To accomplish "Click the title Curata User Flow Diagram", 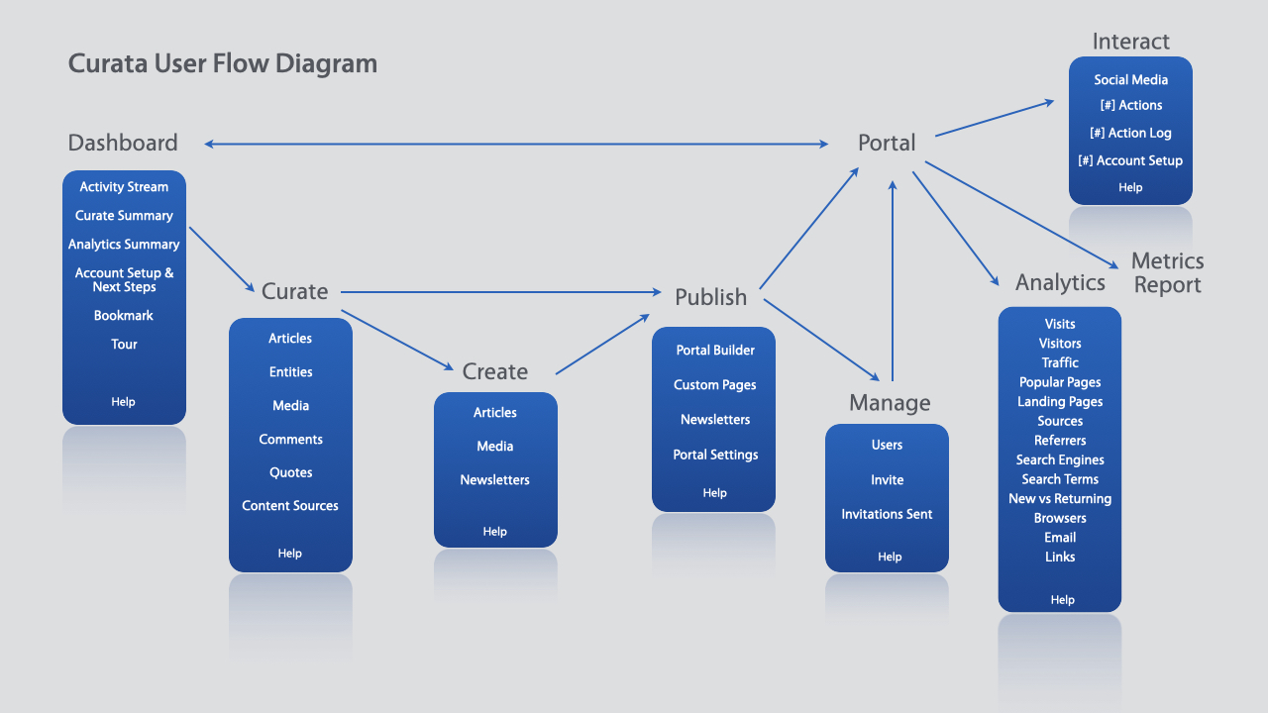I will tap(223, 64).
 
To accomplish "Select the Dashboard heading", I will tap(123, 143).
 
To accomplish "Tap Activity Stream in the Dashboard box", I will tap(124, 187).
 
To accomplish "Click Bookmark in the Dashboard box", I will tap(124, 316).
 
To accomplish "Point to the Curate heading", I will tap(294, 292).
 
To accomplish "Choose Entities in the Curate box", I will tap(290, 372).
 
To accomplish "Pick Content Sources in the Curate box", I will tap(290, 506).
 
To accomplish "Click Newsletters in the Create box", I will tap(494, 480).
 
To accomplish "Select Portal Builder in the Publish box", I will tap(715, 351).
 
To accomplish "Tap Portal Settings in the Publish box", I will tap(715, 456).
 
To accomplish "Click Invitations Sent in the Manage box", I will tap(887, 515).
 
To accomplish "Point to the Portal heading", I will tap(887, 144).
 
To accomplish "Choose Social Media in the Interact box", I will tap(1130, 80).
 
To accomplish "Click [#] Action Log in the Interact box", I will tap(1130, 134).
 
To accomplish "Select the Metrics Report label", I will tap(1167, 273).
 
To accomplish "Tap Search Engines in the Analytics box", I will tap(1060, 460).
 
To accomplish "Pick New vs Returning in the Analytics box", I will tap(1060, 499).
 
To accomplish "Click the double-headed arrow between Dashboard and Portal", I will tap(515, 145).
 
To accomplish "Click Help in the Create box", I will tap(494, 532).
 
